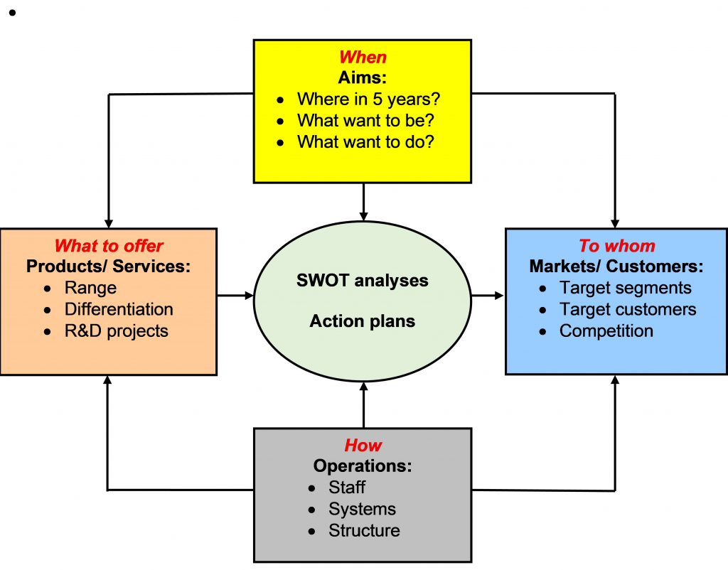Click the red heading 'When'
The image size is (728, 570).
coord(363,57)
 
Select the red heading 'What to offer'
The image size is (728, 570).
coord(109,246)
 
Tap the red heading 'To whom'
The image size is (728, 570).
coord(616,246)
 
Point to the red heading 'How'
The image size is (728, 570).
coord(363,446)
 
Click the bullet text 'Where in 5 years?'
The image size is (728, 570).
coord(373,99)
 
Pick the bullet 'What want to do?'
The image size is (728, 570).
coord(365,141)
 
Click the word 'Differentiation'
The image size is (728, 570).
coord(119,309)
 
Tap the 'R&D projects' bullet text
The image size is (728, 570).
coord(117,330)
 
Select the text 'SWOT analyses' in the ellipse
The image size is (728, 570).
coord(363,280)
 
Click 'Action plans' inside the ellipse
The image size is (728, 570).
coord(363,321)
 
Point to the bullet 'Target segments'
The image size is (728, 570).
coord(625,288)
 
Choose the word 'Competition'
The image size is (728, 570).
coord(606,330)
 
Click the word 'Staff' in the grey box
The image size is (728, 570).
coord(347,488)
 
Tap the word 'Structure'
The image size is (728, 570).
coord(364,530)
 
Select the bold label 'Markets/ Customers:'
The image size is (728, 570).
coord(616,267)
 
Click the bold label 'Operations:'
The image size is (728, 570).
coord(363,466)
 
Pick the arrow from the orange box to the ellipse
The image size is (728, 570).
coord(235,294)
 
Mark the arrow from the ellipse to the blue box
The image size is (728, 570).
coord(488,294)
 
